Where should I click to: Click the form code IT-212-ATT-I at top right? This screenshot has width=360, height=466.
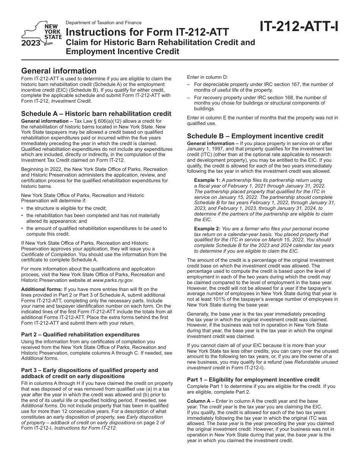coord(299,27)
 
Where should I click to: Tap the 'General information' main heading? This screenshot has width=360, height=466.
coord(59,71)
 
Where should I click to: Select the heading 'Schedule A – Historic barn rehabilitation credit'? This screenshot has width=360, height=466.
coord(96,114)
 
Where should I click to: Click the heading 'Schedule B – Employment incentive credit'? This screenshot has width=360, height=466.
coord(255,136)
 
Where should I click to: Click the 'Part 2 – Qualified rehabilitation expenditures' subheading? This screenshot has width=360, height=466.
coord(80,335)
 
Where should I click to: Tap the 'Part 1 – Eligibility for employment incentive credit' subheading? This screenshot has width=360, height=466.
coord(253,380)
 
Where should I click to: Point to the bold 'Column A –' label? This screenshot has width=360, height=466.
coord(201,401)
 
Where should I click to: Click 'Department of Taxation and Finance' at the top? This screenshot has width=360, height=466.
coord(103,23)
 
